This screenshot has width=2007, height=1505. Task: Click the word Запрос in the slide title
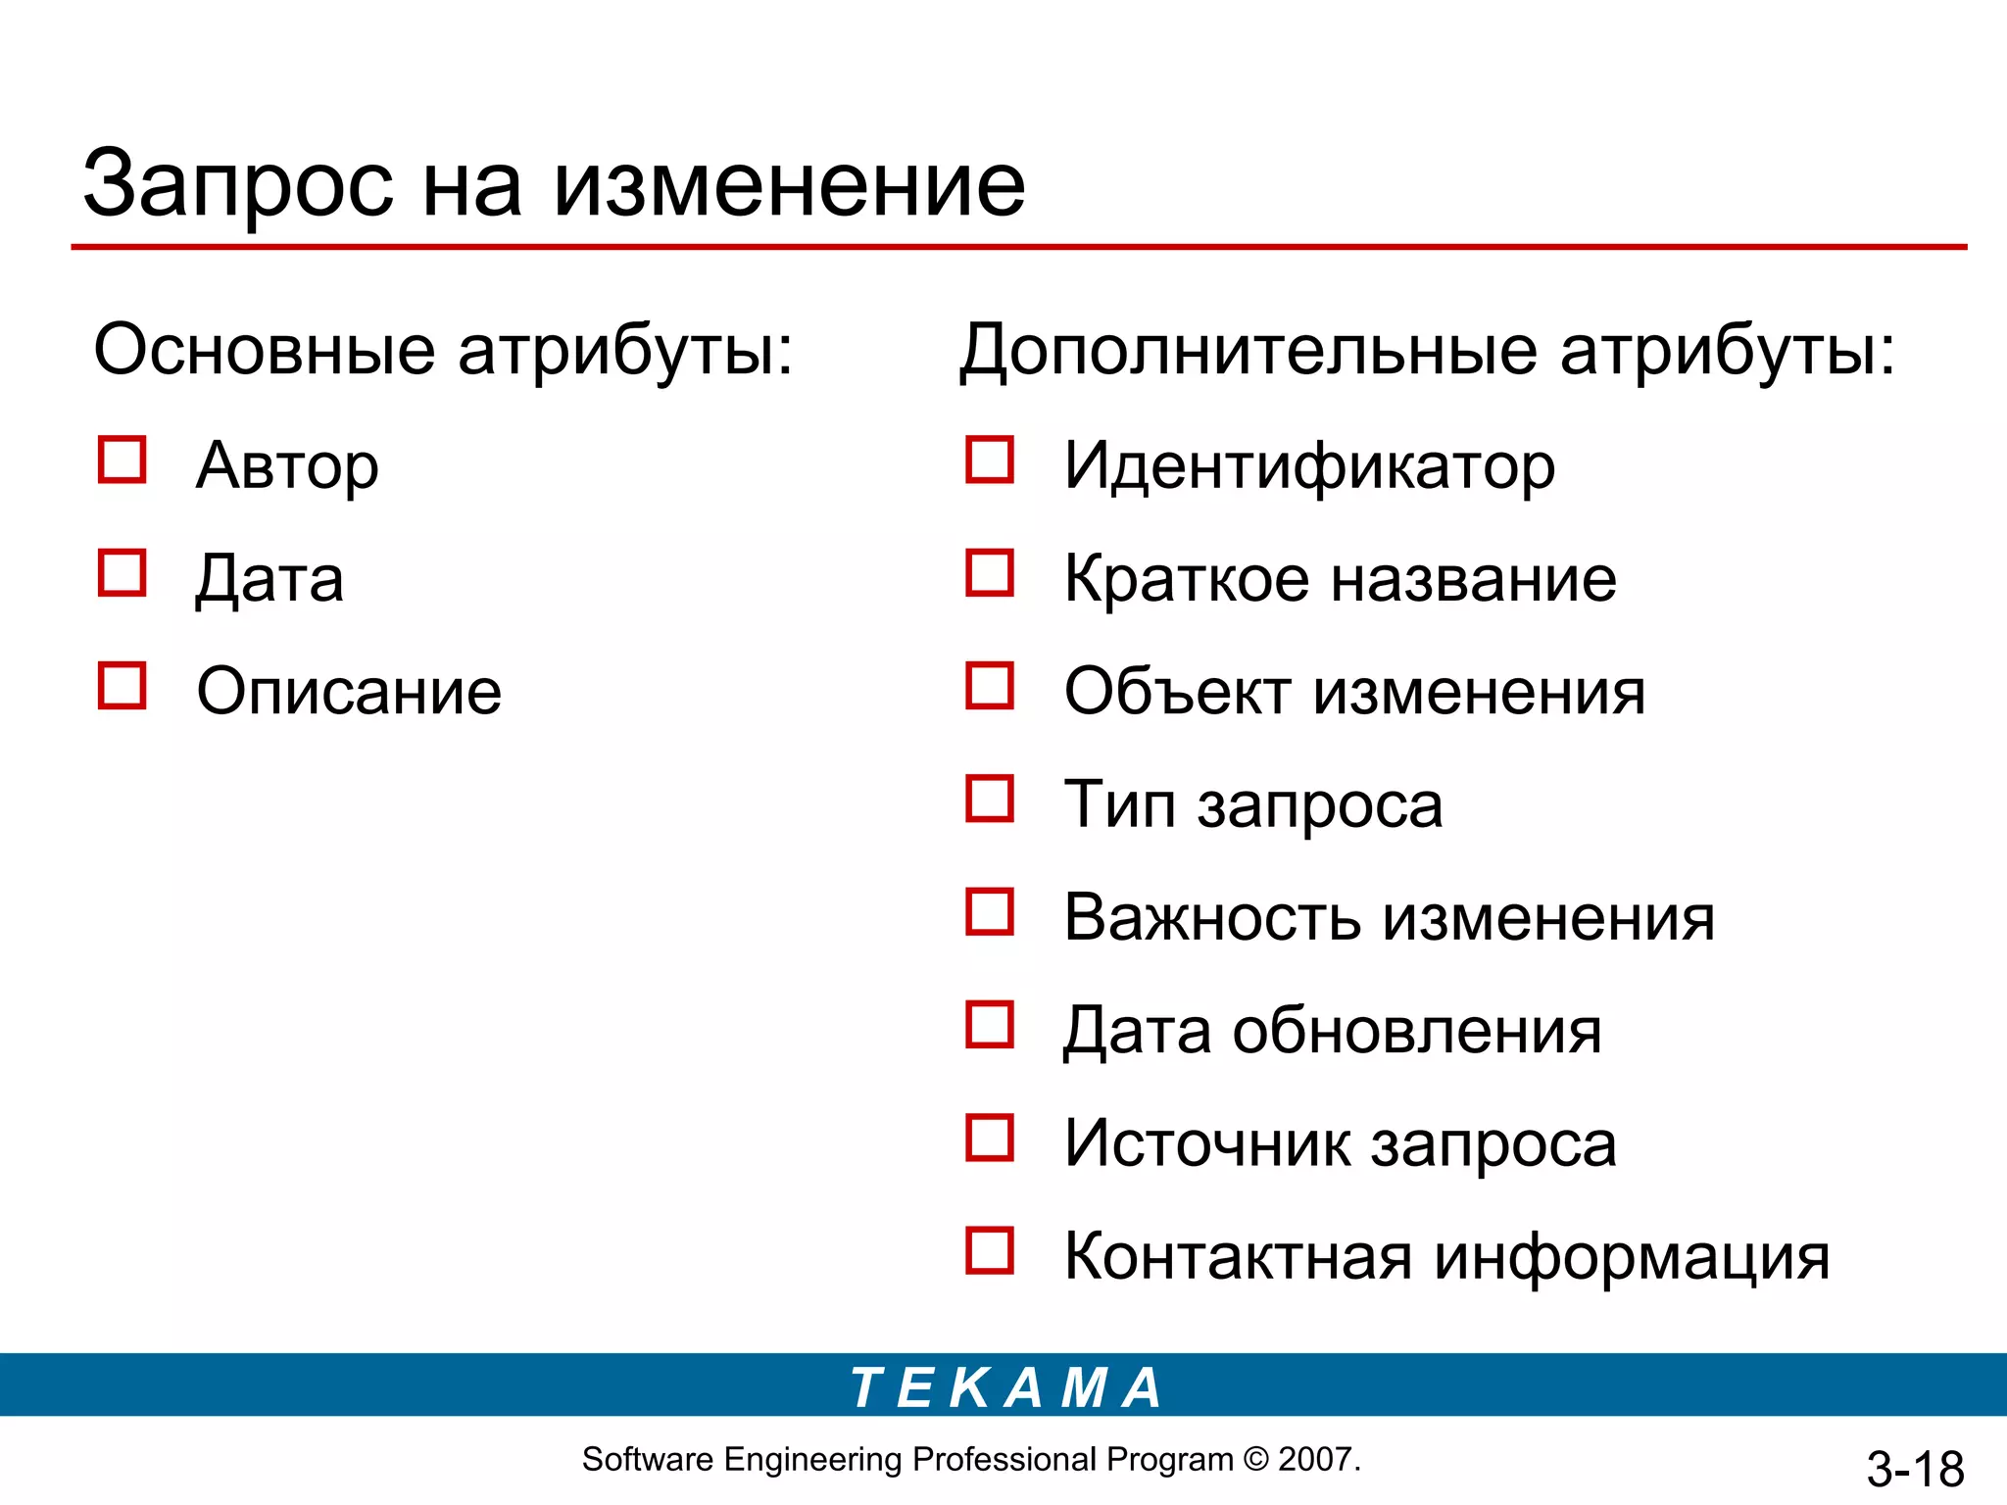point(238,186)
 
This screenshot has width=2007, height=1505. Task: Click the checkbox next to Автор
point(122,461)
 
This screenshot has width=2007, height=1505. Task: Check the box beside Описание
point(122,686)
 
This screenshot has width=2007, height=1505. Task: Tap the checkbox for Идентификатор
point(990,461)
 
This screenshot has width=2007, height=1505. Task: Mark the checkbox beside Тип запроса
point(990,799)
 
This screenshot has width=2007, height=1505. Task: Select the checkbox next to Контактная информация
point(990,1250)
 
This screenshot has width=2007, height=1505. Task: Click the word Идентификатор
point(1309,466)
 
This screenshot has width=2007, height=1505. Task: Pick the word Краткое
point(1186,579)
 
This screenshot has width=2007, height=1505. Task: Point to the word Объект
point(1176,692)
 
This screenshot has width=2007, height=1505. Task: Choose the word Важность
point(1212,918)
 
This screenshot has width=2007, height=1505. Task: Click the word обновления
point(1417,1031)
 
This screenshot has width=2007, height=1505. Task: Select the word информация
point(1632,1258)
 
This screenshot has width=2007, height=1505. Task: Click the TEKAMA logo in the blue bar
point(1005,1387)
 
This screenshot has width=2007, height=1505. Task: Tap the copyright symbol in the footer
point(1255,1460)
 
